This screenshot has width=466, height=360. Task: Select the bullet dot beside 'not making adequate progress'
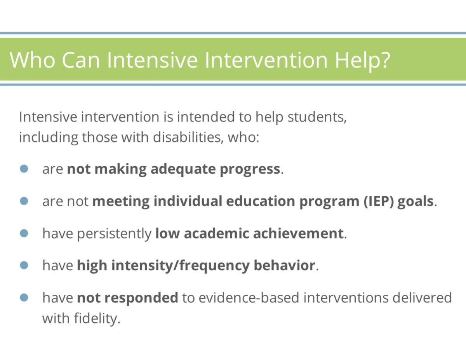point(24,169)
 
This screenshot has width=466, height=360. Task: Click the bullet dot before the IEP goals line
point(24,201)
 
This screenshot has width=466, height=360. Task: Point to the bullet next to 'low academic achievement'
point(24,233)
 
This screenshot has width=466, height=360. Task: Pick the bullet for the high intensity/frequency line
point(24,265)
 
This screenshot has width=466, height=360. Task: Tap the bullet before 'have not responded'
point(24,297)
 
